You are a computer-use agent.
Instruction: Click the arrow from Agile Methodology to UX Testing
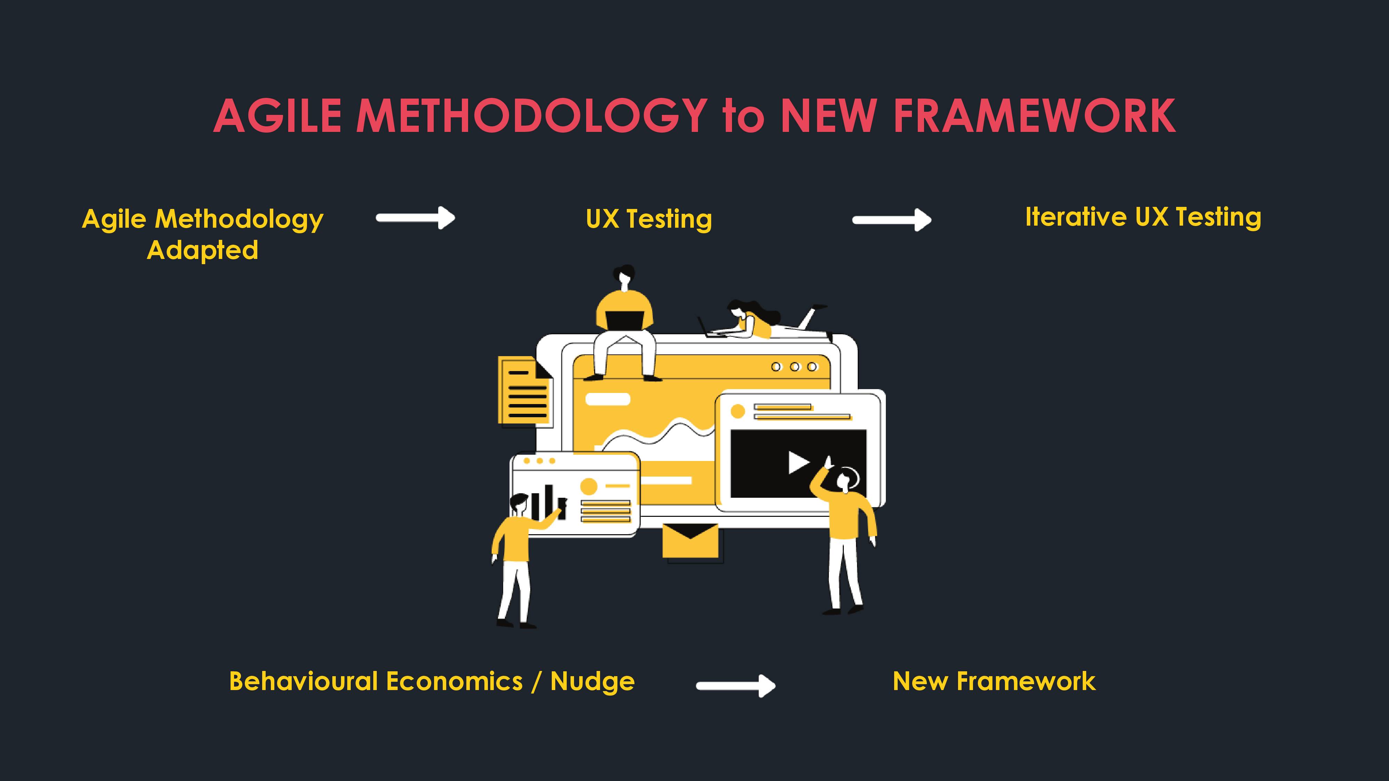coord(416,218)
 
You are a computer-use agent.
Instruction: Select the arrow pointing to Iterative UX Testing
coord(892,220)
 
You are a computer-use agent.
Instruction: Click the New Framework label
coord(994,681)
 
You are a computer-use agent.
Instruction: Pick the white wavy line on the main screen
coord(658,434)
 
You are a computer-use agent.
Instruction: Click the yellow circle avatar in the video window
coord(738,412)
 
